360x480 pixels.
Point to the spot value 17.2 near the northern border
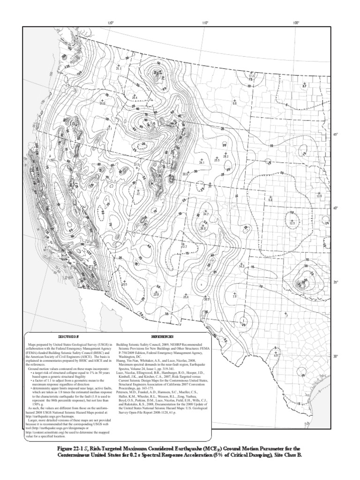point(251,75)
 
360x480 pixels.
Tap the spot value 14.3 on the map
point(242,266)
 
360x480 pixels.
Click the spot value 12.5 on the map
point(292,224)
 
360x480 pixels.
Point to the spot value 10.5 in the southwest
point(124,284)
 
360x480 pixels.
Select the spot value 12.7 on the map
point(184,246)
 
